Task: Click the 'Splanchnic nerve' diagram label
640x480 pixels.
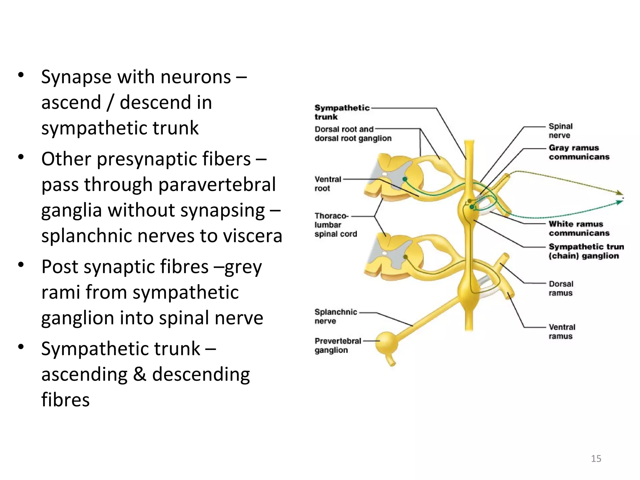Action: (335, 316)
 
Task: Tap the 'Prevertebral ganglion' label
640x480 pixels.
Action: (337, 345)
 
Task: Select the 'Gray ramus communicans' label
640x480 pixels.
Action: (579, 152)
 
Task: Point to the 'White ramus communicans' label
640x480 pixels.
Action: (579, 228)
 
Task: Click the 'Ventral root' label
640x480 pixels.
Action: (327, 184)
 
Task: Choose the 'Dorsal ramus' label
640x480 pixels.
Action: (561, 288)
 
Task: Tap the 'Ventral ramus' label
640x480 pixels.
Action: (562, 331)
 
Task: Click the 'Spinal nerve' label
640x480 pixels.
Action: (561, 131)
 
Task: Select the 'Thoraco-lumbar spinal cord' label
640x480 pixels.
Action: (335, 225)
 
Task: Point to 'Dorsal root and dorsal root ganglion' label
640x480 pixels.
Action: (352, 134)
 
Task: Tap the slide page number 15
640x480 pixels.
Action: (596, 458)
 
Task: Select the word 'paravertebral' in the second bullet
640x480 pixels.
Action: (217, 184)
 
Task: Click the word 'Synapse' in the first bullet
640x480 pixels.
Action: (76, 77)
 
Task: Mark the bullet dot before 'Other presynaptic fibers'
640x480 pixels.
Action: (21, 157)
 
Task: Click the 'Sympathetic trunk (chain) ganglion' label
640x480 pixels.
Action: (586, 251)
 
